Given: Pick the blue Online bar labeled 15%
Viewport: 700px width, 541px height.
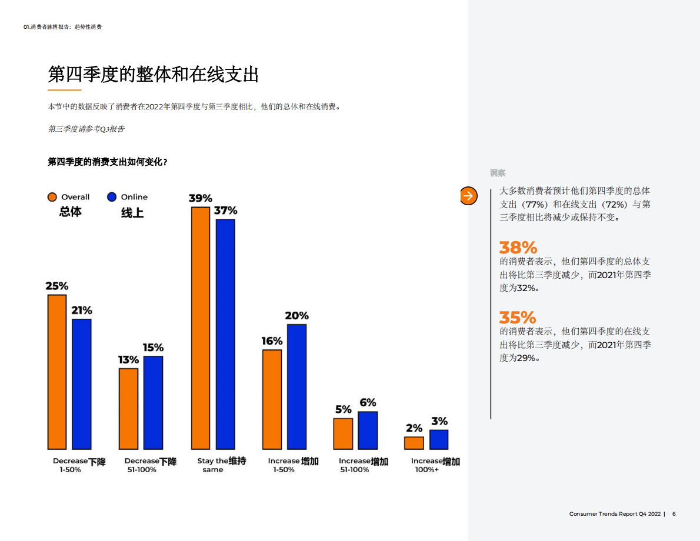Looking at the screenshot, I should tap(153, 402).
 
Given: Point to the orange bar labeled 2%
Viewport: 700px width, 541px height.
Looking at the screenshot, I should tap(414, 443).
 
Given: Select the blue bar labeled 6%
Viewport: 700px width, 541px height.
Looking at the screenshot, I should tap(368, 430).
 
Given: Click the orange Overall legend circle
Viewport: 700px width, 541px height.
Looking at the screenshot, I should tap(53, 197).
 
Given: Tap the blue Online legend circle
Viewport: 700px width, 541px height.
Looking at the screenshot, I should tap(112, 197).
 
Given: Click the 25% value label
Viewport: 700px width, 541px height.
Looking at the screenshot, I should tap(57, 286).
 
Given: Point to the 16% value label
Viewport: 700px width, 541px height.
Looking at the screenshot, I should tap(272, 341).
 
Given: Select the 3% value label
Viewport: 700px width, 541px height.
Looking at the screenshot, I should tap(439, 421).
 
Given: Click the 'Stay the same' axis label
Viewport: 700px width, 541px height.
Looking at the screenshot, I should tap(221, 465).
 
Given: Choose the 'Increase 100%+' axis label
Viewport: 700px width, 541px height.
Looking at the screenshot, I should tap(435, 465).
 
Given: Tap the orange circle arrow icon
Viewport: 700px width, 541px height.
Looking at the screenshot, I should tap(468, 196).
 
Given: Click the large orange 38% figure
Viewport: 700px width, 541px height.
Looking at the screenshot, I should tap(518, 247).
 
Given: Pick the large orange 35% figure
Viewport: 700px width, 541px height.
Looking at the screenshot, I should tap(518, 318).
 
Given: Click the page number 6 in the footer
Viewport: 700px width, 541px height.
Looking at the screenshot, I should tap(674, 514).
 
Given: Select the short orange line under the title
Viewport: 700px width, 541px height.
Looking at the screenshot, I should tap(64, 90).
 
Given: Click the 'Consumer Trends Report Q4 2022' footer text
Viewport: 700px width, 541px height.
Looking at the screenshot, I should tap(615, 514).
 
